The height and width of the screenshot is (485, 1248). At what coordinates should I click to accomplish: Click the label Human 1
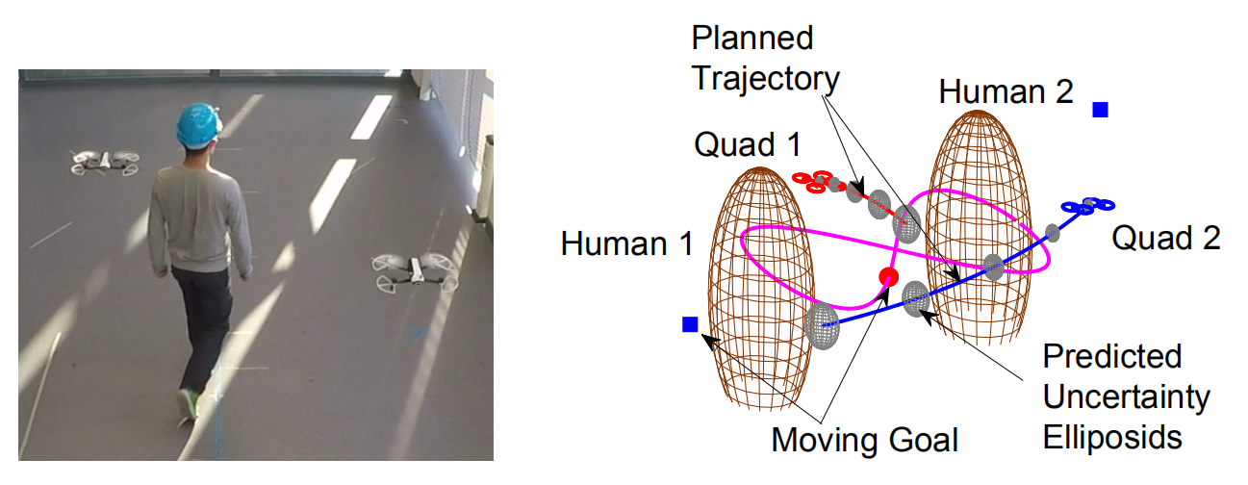click(x=627, y=244)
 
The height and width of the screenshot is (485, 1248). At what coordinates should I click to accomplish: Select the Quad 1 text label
click(x=747, y=145)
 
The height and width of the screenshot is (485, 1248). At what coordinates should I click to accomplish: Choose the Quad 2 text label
click(x=1166, y=237)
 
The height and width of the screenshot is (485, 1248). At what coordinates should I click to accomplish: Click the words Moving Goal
click(x=865, y=440)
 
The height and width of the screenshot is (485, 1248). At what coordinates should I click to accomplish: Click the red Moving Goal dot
click(x=889, y=278)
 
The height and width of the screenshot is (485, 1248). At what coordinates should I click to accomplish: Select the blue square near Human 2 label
click(x=1101, y=110)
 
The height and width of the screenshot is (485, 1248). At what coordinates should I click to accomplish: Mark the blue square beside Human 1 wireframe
click(x=689, y=325)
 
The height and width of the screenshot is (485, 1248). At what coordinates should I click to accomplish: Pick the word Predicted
click(x=1112, y=356)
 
